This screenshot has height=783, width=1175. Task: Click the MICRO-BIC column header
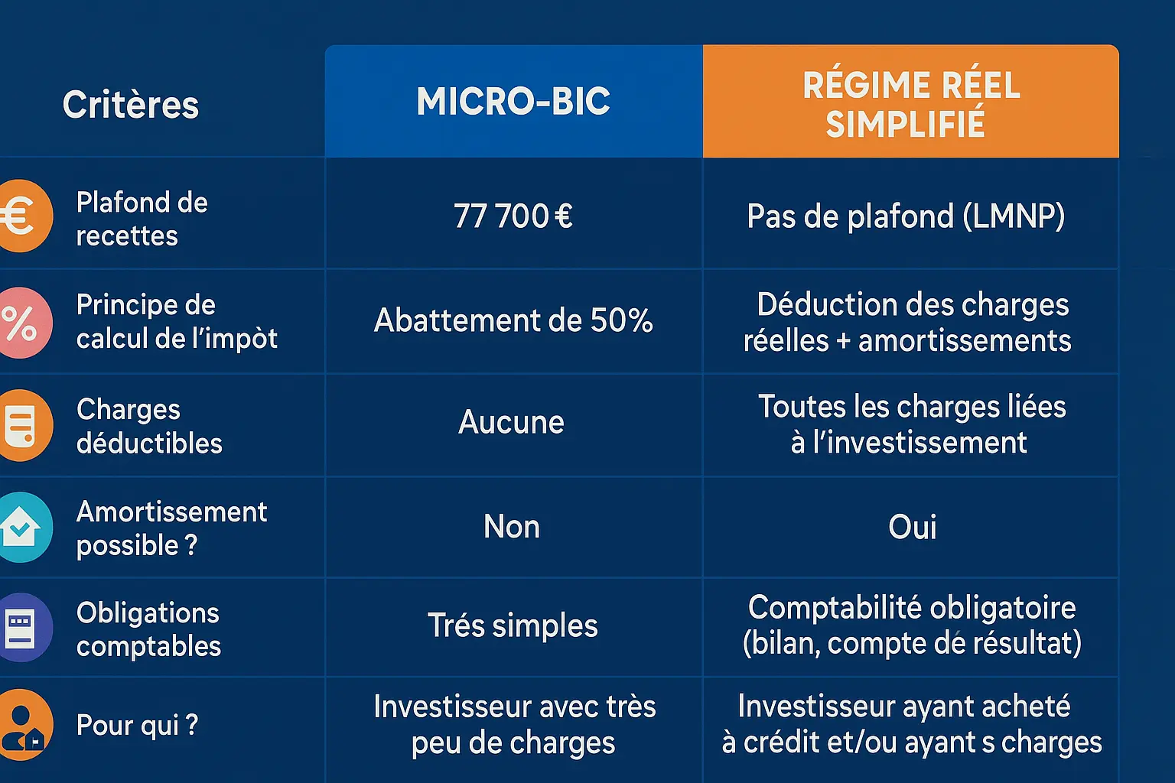513,102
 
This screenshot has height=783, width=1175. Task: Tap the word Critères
131,105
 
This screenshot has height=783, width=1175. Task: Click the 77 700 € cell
513,216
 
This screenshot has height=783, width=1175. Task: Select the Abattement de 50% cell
513,320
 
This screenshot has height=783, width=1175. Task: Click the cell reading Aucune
511,422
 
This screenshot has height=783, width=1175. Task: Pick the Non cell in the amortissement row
512,527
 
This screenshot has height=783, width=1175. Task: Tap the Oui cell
912,527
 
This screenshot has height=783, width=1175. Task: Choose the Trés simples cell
513,625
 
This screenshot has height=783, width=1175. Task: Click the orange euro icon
23,216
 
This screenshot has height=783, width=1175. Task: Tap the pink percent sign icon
23,323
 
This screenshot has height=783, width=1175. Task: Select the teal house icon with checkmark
23,528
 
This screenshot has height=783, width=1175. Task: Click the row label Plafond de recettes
142,219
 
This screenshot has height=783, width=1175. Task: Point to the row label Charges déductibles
149,426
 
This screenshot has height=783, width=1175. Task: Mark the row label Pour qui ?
137,724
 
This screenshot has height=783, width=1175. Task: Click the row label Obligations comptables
148,629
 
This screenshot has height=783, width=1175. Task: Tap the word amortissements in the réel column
965,341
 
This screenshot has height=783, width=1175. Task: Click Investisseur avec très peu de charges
514,724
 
